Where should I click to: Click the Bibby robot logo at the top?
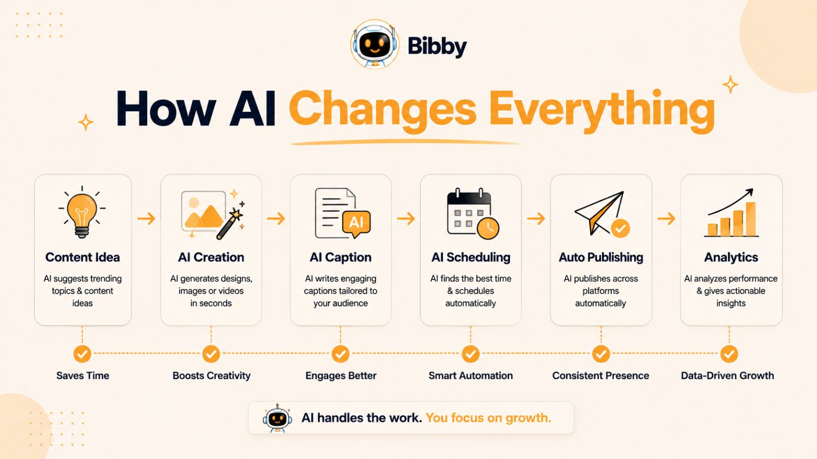tap(375, 44)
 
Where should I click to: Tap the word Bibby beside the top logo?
tap(437, 46)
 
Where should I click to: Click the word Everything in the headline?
tap(602, 110)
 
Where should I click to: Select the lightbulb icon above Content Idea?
tap(82, 212)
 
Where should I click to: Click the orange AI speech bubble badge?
tap(356, 223)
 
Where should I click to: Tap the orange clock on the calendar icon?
tap(488, 228)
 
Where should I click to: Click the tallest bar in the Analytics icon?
tap(751, 219)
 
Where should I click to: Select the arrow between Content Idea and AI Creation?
tap(146, 219)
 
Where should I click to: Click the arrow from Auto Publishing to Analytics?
tap(666, 219)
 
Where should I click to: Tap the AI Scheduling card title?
tap(471, 257)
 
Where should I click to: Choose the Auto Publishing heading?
tap(600, 257)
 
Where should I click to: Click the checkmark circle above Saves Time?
tap(82, 354)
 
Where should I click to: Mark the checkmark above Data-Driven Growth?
tap(729, 354)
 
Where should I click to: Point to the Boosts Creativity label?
tap(211, 375)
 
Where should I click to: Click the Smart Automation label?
tap(470, 375)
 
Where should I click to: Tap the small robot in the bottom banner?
tap(277, 418)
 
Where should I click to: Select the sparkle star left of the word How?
tap(86, 122)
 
